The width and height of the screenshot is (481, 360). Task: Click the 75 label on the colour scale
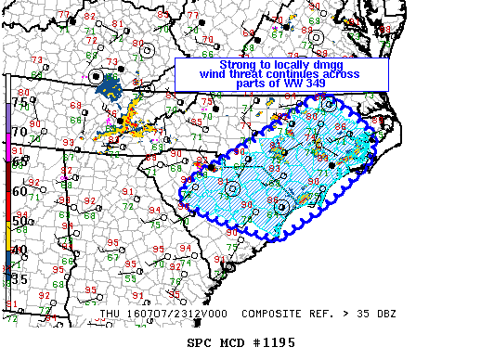pyautogui.click(x=19, y=104)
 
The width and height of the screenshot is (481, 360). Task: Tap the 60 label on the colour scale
pyautogui.click(x=19, y=191)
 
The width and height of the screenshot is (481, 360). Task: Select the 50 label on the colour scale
pyautogui.click(x=19, y=223)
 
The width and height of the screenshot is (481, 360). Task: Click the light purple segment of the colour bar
pyautogui.click(x=8, y=116)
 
